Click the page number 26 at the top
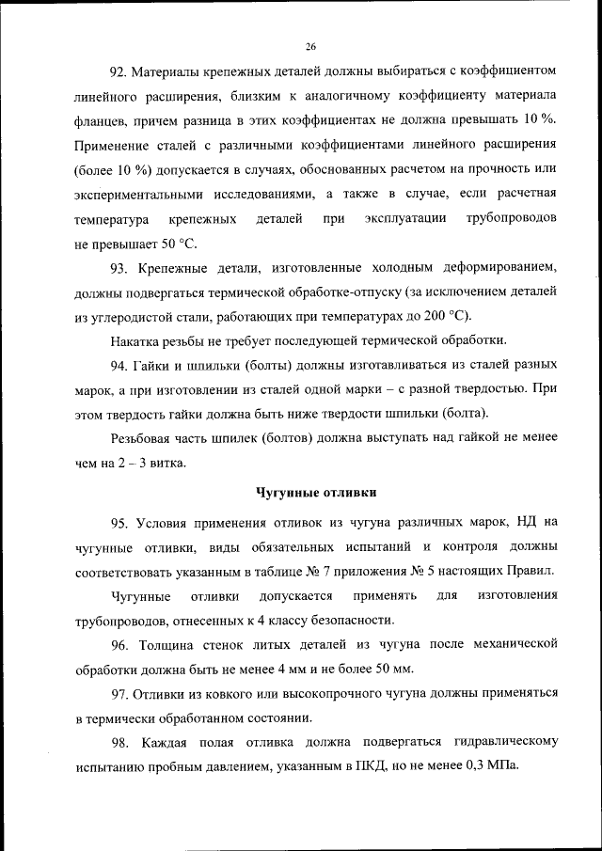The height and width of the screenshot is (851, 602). point(310,45)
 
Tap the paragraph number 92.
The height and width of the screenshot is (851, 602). point(119,71)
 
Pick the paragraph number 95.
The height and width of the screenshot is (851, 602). point(119,522)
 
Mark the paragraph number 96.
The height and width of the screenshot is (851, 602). point(119,644)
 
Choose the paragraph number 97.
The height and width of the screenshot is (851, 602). point(119,693)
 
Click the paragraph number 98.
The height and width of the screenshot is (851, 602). point(119,742)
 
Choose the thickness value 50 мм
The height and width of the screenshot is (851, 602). point(391,669)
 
